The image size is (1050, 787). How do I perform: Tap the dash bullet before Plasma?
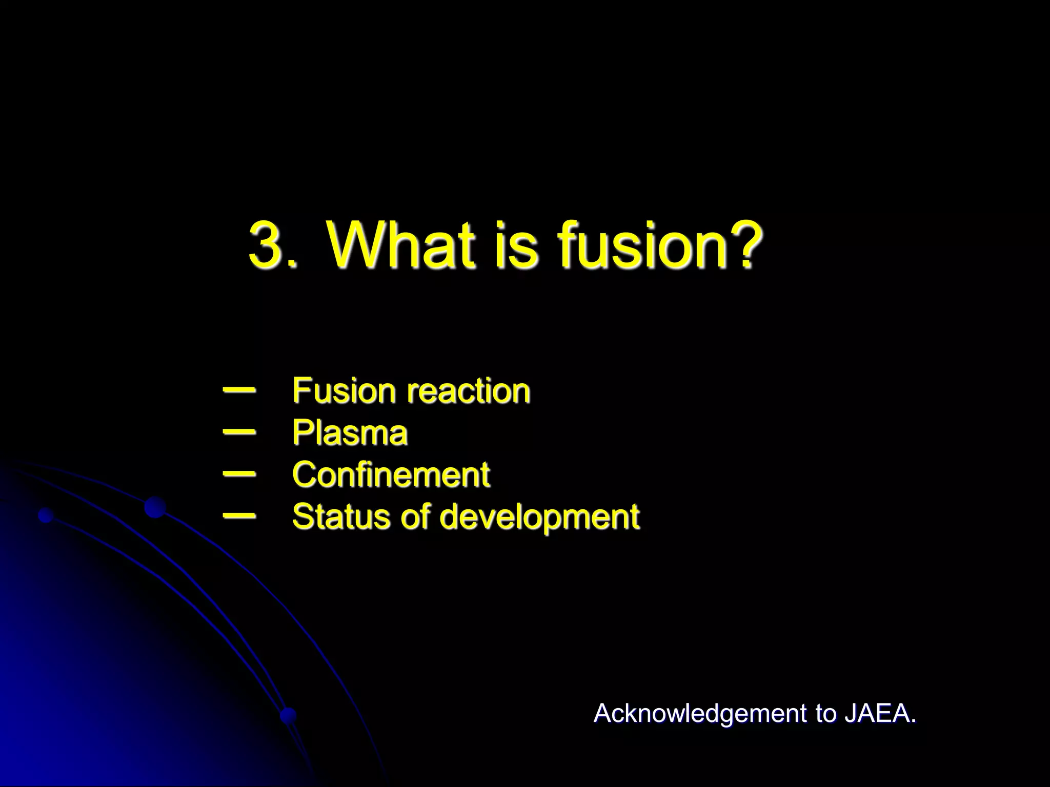(x=239, y=432)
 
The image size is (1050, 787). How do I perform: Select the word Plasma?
(x=350, y=433)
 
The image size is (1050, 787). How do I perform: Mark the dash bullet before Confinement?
(x=239, y=474)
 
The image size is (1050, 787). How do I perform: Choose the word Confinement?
(x=391, y=474)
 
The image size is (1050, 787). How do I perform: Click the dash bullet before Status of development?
(x=239, y=515)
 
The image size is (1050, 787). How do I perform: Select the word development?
(x=539, y=517)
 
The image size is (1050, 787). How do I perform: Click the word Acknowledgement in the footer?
(x=700, y=714)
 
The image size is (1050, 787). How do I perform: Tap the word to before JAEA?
(x=825, y=714)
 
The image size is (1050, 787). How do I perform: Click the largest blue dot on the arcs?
(x=155, y=507)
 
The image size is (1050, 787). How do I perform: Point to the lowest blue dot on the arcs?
(x=288, y=715)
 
